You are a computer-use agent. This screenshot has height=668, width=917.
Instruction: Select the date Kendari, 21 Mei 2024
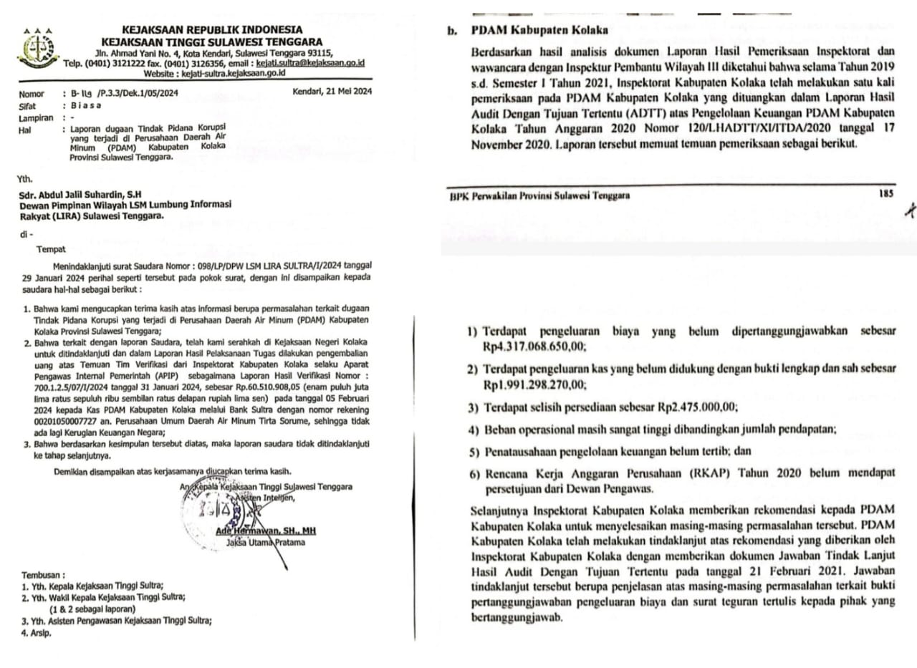pos(332,91)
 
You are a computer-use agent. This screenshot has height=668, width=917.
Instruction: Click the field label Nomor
pos(32,94)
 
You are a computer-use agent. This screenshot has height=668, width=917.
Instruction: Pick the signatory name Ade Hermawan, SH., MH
pos(266,531)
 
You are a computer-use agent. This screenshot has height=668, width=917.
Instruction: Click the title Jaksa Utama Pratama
pos(265,543)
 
